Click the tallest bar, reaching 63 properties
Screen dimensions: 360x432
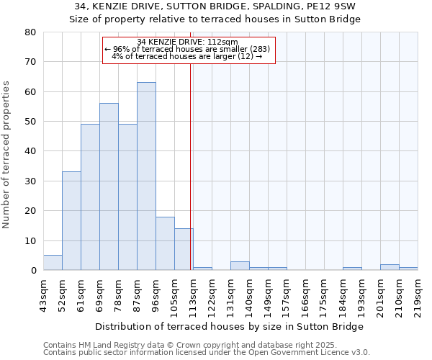[x=146, y=176]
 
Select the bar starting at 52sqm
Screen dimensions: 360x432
[x=71, y=221]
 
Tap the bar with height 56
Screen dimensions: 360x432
[x=109, y=186]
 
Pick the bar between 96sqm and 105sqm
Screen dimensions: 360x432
[x=165, y=243]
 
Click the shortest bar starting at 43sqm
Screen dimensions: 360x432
[x=53, y=263]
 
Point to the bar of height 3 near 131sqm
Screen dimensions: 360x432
[x=240, y=266]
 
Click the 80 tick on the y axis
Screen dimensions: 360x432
[x=30, y=32]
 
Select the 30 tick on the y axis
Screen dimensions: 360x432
[x=30, y=181]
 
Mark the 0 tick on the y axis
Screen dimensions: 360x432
[x=33, y=270]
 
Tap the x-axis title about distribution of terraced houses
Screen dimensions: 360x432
[x=229, y=326]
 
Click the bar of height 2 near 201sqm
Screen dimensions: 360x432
[x=390, y=267]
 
